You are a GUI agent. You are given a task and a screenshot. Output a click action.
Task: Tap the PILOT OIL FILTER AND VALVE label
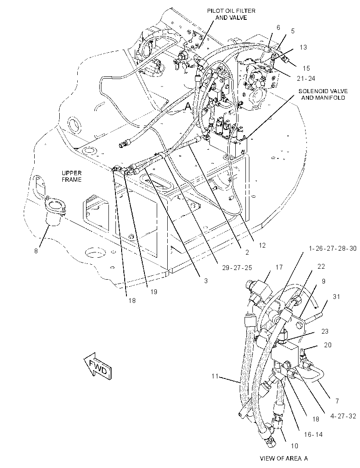click(x=231, y=14)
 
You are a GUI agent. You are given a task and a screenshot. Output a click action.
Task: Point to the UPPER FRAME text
click(x=72, y=176)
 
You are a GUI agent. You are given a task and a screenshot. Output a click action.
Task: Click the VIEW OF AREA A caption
click(x=284, y=458)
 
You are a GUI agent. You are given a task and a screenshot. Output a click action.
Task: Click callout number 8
click(x=36, y=251)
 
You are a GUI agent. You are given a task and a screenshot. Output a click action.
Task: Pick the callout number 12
click(x=262, y=245)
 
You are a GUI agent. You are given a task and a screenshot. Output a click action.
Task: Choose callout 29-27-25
click(x=237, y=268)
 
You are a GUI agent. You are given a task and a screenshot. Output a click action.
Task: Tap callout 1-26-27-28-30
click(x=332, y=248)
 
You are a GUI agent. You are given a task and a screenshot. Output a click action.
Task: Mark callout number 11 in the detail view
click(x=215, y=376)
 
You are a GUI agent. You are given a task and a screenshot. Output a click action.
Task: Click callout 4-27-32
click(x=343, y=416)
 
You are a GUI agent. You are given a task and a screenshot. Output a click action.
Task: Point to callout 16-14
click(x=313, y=435)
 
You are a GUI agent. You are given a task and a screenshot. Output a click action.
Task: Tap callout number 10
click(x=294, y=446)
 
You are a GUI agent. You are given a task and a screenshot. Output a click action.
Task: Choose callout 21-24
click(x=306, y=79)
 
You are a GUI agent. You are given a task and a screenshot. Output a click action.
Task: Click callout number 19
click(x=153, y=292)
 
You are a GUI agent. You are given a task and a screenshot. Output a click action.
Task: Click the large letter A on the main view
click(x=188, y=107)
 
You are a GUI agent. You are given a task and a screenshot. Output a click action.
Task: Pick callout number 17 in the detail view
click(x=279, y=267)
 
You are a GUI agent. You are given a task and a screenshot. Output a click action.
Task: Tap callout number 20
click(x=328, y=345)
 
